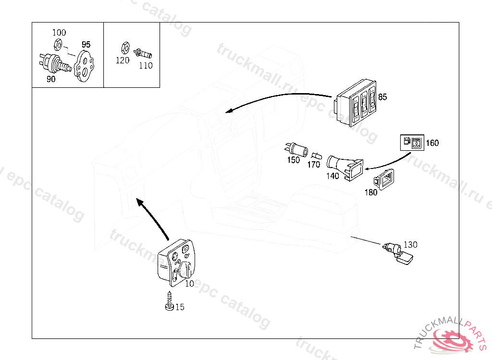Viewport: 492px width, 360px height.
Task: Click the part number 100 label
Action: coord(59,33)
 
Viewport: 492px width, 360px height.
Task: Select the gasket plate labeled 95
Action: coord(85,65)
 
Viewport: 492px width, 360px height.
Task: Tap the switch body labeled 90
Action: coord(50,63)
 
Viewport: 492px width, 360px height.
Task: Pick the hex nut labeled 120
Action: coord(123,48)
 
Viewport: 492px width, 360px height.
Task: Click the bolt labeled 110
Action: coord(141,51)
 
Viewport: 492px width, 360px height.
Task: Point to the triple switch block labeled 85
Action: coord(356,108)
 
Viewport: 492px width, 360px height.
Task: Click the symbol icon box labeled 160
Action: coord(412,143)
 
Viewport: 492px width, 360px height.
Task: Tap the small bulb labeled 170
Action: coord(316,156)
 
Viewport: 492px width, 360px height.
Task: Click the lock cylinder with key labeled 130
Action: coord(398,252)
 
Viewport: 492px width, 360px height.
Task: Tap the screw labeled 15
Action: coord(169,302)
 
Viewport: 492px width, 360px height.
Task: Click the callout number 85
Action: coord(382,97)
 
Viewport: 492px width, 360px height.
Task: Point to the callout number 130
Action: coord(410,244)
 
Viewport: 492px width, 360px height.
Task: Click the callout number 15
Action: coord(180,307)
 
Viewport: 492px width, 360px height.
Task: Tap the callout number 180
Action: coord(371,193)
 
